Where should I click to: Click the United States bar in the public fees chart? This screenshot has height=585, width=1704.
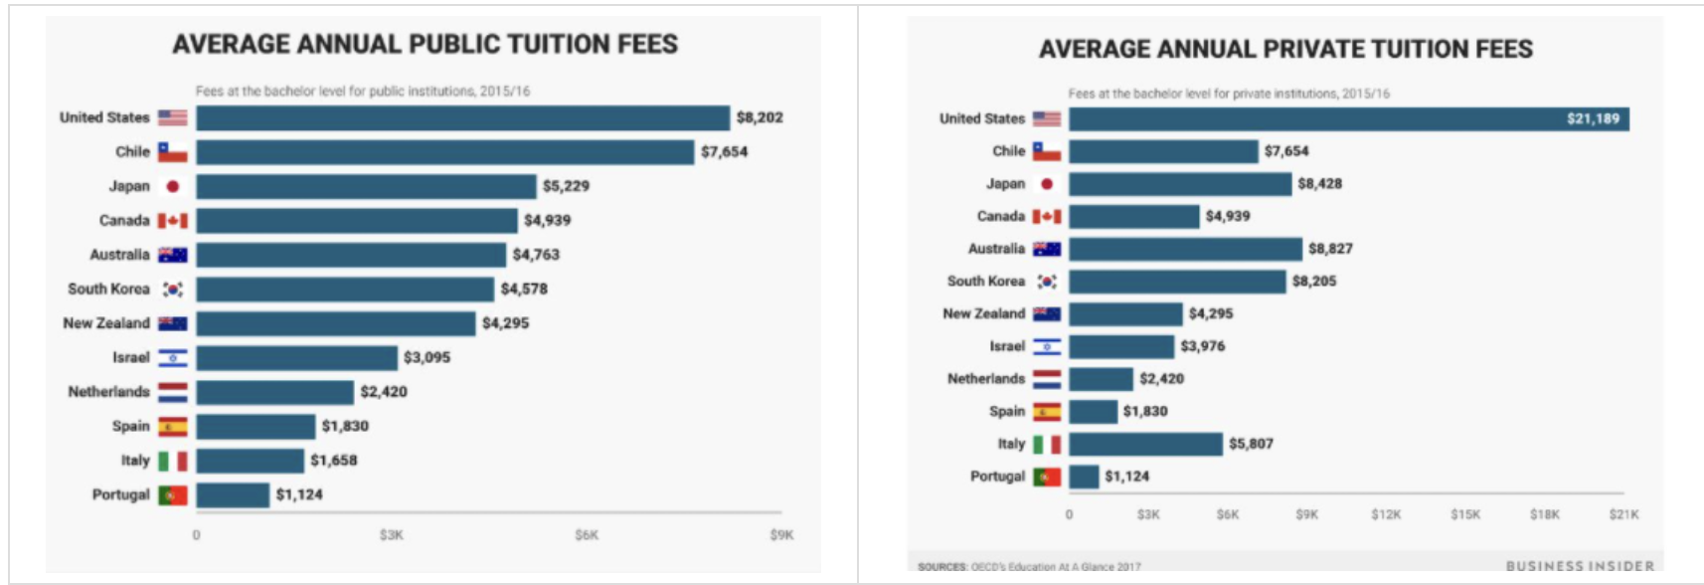(x=462, y=118)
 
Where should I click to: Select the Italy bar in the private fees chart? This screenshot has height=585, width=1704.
(x=1145, y=444)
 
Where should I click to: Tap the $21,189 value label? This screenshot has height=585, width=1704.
(x=1593, y=119)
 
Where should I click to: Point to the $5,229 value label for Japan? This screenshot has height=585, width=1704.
(x=566, y=186)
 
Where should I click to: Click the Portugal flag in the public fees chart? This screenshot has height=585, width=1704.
(x=172, y=494)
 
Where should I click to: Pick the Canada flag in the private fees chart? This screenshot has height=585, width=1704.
(x=1046, y=217)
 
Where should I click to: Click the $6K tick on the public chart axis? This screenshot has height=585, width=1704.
(x=587, y=535)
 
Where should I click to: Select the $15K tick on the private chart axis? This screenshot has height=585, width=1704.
(x=1464, y=514)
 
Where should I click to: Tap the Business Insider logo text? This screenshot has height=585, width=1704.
(x=1580, y=566)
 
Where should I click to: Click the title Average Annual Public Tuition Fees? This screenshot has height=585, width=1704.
(x=425, y=45)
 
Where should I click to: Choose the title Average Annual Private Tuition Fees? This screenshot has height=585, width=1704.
(x=1285, y=49)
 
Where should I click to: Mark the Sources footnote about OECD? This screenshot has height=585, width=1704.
(x=1029, y=567)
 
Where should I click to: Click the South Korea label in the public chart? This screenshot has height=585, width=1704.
(x=108, y=289)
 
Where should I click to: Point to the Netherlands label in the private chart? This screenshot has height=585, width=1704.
(x=985, y=379)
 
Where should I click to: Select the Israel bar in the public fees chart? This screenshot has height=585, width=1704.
(x=296, y=358)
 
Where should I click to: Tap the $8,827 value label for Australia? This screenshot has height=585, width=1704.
(x=1330, y=249)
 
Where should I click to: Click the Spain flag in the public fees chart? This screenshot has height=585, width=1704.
(x=172, y=427)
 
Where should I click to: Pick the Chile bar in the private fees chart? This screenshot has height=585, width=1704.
(x=1163, y=151)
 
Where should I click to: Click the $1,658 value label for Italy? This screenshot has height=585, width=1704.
(x=333, y=461)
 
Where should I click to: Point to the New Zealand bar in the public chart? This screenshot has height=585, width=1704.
(x=335, y=323)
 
